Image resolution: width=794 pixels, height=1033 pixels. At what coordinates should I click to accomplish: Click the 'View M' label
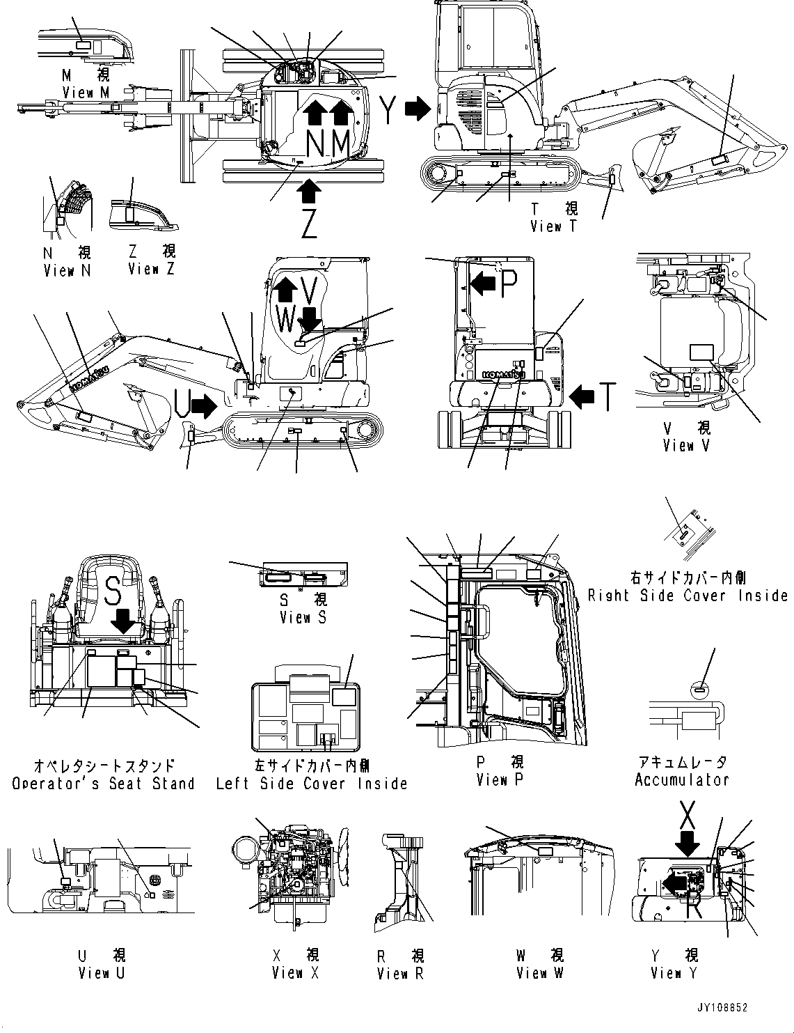click(86, 92)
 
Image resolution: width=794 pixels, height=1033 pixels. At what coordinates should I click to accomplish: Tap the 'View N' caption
click(67, 270)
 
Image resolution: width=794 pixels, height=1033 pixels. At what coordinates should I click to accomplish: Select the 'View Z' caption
click(152, 269)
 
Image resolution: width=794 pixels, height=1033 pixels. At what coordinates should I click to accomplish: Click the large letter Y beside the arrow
click(390, 109)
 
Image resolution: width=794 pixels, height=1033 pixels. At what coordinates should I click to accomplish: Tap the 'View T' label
click(554, 226)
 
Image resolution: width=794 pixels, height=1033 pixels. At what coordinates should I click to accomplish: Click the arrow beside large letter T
click(582, 396)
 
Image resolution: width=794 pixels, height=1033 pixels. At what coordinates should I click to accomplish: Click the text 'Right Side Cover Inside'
click(688, 596)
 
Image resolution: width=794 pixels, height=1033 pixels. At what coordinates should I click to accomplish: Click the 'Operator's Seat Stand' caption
click(103, 784)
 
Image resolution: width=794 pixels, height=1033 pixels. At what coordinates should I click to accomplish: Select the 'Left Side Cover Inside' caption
click(311, 784)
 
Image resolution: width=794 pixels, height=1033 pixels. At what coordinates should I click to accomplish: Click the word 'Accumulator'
click(682, 780)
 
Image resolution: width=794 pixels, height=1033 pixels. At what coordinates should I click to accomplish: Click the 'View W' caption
click(540, 972)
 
